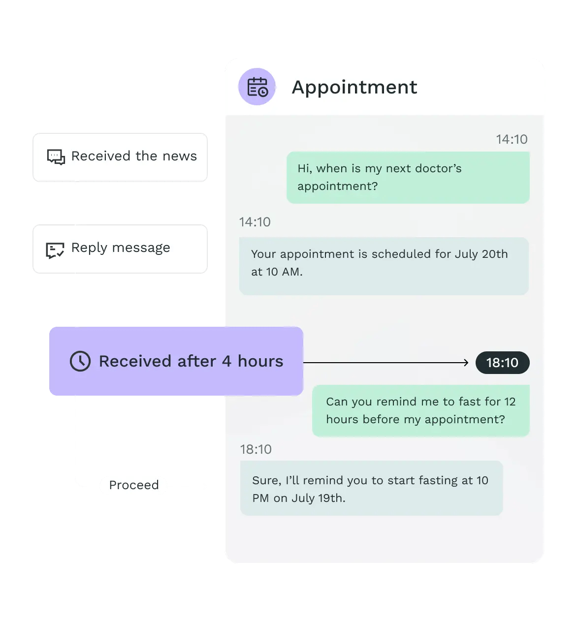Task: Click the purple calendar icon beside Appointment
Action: (x=257, y=87)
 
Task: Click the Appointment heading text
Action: (x=354, y=87)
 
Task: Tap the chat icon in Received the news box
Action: (x=56, y=157)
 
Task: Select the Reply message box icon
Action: (x=55, y=250)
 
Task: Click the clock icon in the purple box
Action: (x=80, y=361)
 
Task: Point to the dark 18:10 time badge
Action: (x=502, y=363)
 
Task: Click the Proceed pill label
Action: (x=134, y=485)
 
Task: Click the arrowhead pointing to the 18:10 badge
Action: (x=465, y=363)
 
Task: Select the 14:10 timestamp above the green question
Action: (x=512, y=139)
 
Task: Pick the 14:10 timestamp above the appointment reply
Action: (x=255, y=222)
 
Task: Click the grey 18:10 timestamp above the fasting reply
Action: (x=256, y=449)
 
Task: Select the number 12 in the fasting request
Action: (x=510, y=402)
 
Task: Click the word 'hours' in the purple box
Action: (x=260, y=361)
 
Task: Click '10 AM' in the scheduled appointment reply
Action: (x=284, y=272)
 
